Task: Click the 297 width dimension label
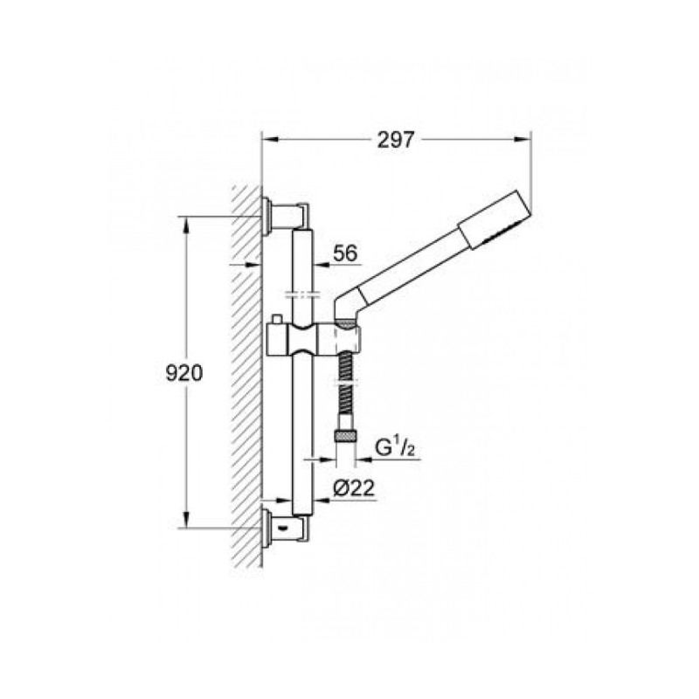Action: click(x=396, y=138)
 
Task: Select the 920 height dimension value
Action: click(x=184, y=373)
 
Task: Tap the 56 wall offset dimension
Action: click(x=346, y=254)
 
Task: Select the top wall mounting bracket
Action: click(x=284, y=215)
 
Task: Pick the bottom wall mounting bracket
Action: click(x=284, y=528)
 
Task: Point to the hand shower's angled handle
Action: click(x=411, y=258)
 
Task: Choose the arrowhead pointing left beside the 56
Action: click(x=318, y=263)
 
